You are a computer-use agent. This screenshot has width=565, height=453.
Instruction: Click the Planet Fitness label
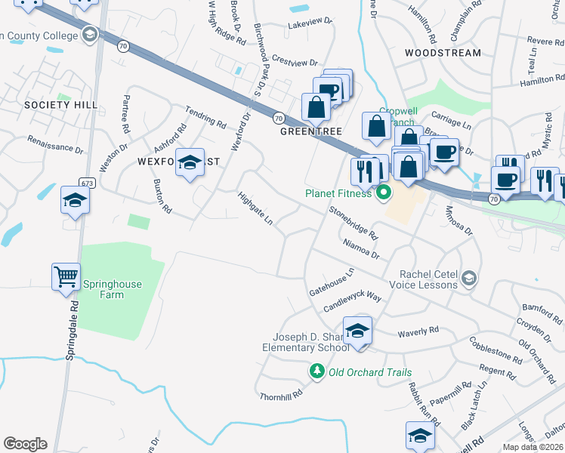(x=338, y=193)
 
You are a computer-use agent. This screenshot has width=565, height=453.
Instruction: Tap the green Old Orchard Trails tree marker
(x=317, y=371)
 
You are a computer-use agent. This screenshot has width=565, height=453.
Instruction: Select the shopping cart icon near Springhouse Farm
(x=66, y=277)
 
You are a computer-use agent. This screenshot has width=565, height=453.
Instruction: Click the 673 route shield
(x=85, y=182)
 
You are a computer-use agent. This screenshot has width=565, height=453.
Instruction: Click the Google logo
(x=25, y=444)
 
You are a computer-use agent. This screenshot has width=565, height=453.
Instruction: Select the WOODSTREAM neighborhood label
(x=443, y=53)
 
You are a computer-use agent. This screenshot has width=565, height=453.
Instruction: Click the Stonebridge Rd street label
(x=353, y=220)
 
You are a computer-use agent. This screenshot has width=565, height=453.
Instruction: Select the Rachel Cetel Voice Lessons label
(x=423, y=279)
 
